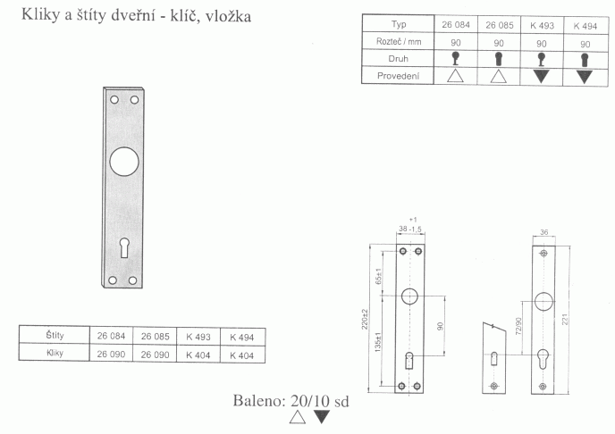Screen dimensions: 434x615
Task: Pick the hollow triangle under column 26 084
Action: point(455,76)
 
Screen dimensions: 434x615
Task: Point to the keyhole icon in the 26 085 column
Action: point(499,59)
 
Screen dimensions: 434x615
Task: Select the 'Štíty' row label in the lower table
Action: point(54,336)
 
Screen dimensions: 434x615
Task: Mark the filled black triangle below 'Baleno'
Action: point(322,417)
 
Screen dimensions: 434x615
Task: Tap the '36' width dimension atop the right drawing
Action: point(543,233)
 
